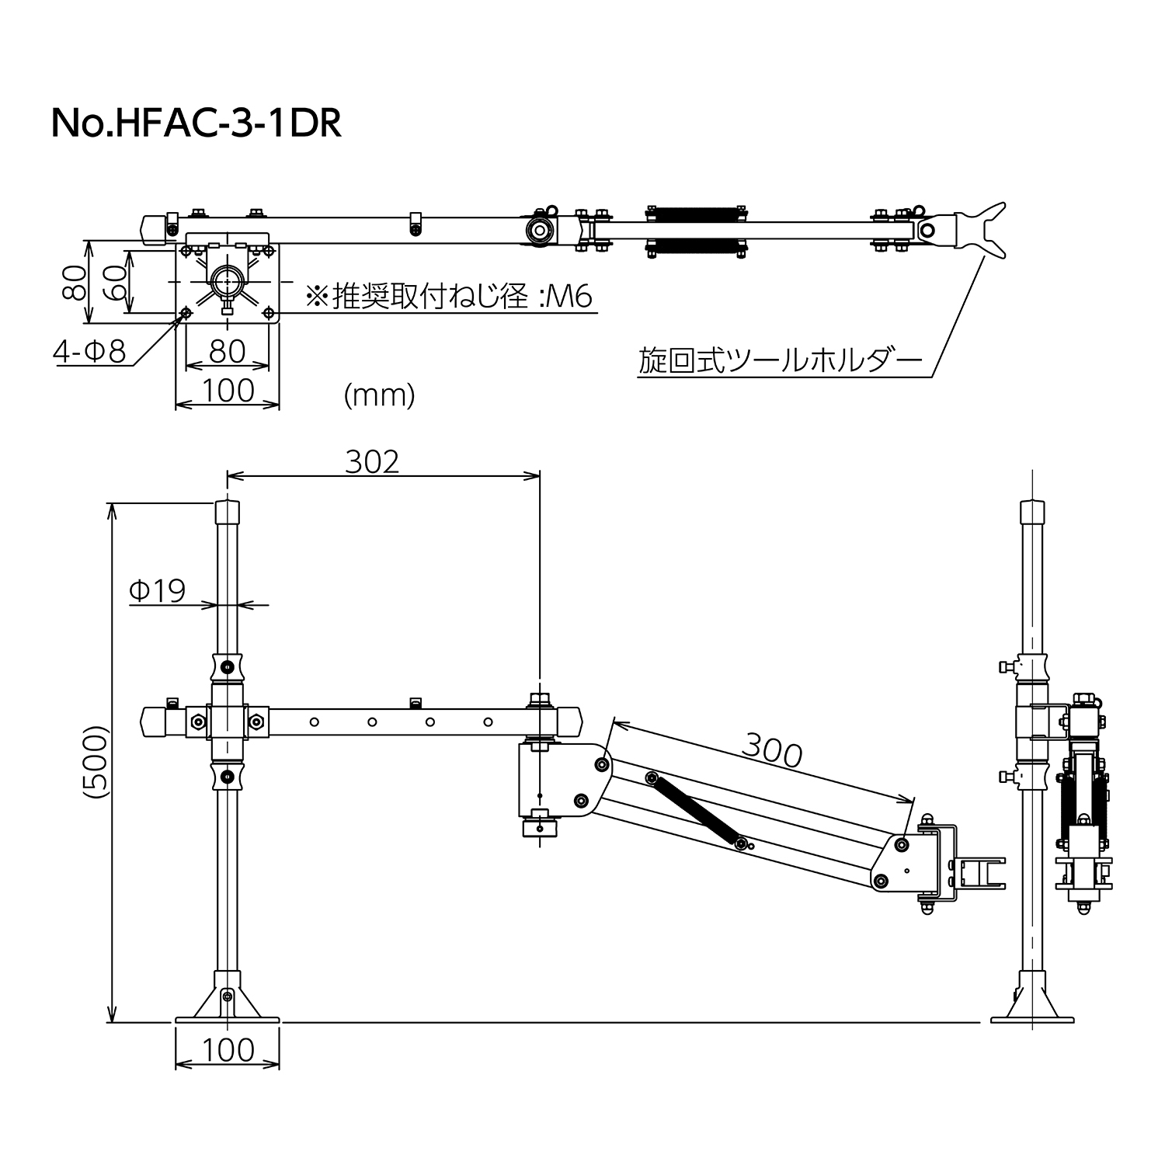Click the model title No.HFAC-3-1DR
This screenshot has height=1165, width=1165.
[196, 123]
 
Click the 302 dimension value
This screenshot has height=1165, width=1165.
[372, 461]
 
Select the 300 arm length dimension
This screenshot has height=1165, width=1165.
[771, 750]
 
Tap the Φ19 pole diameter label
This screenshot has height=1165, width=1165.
[158, 591]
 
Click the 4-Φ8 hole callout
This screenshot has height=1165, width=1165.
[89, 352]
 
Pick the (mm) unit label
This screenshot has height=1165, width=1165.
[379, 395]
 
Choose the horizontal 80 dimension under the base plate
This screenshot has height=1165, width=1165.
[227, 351]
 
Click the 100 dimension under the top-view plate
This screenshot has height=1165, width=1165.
[227, 390]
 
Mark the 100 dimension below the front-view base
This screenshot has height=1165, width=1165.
[227, 1050]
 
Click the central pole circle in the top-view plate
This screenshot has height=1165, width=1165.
[228, 280]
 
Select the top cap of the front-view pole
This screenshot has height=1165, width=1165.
[227, 512]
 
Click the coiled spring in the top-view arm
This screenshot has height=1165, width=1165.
[696, 230]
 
